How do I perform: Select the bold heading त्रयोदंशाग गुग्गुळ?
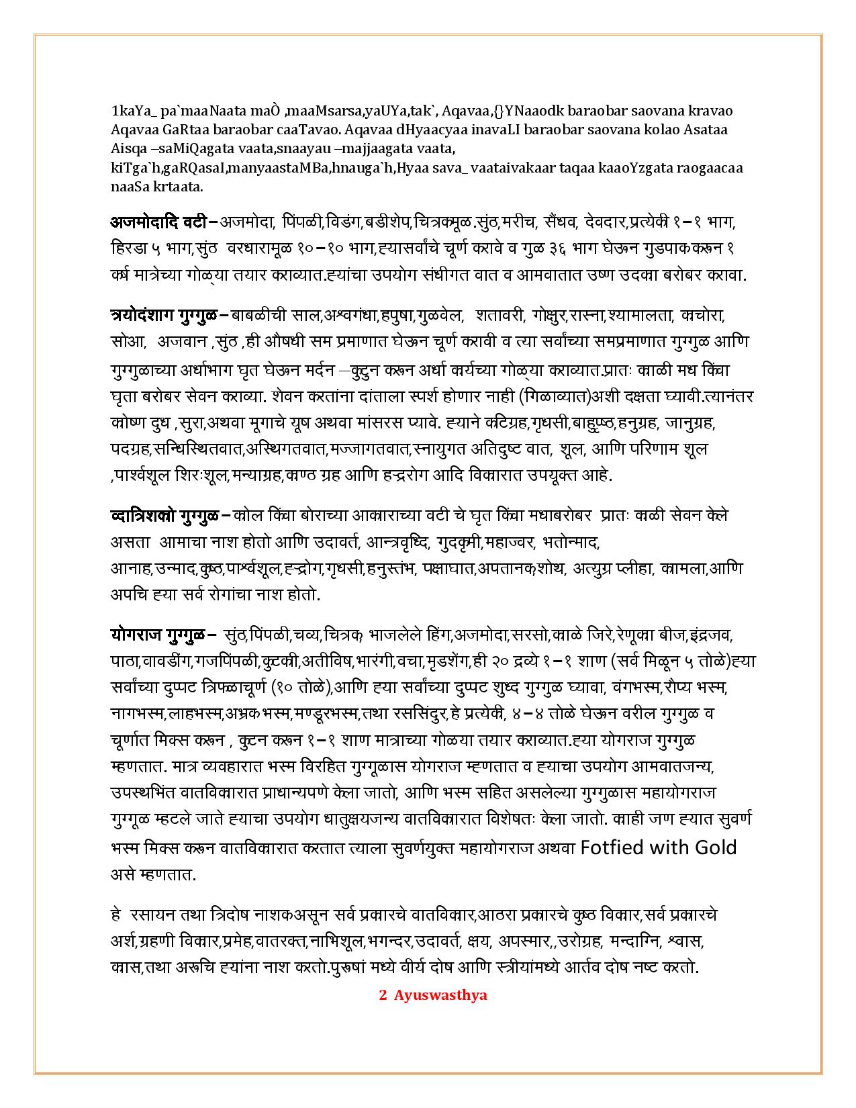169,314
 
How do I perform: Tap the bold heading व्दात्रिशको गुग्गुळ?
164,516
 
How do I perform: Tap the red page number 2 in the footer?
383,995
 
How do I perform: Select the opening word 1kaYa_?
134,111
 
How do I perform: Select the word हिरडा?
126,248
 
